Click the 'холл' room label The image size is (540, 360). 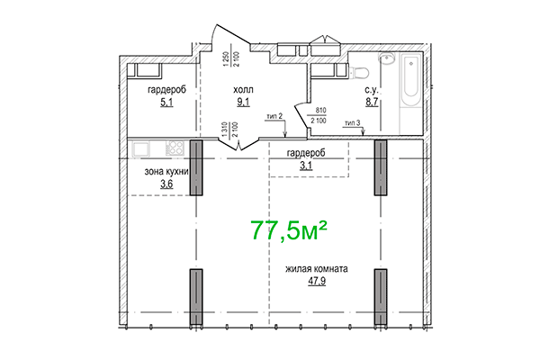(x=244, y=90)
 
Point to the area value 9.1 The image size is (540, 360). (x=243, y=103)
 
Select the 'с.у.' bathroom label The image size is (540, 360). (x=371, y=90)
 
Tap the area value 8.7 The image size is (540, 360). (x=371, y=103)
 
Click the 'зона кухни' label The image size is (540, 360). (x=166, y=171)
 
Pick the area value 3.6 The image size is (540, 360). (x=166, y=184)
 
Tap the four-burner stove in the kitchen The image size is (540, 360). (x=175, y=148)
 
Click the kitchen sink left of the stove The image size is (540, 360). (x=142, y=148)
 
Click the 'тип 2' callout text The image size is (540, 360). (x=274, y=116)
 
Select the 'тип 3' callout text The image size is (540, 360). (x=353, y=123)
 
